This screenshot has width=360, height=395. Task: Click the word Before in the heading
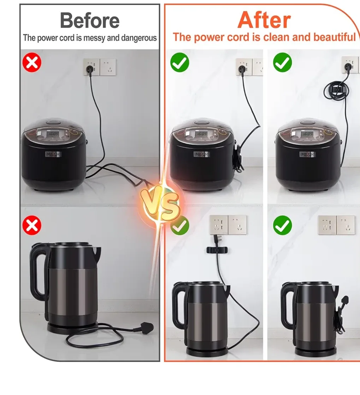click(90, 20)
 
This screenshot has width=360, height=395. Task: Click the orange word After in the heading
click(264, 20)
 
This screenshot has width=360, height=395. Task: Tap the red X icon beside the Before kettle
click(32, 225)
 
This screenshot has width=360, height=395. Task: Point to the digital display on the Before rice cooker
click(53, 134)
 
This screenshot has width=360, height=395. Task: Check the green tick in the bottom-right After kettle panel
click(283, 225)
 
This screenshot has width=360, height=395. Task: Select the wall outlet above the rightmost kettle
click(336, 225)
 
